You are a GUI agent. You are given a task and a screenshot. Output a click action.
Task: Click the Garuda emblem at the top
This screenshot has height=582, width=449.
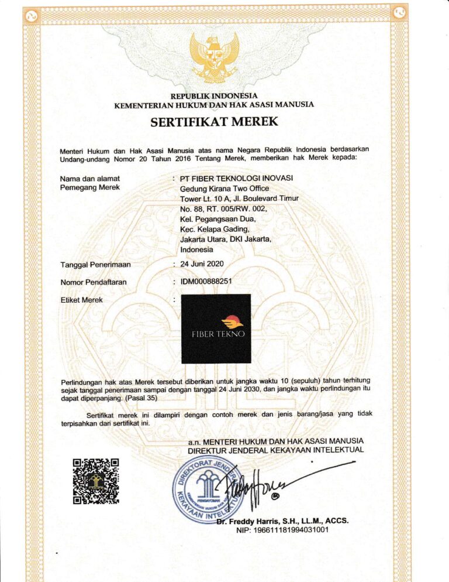coord(214,57)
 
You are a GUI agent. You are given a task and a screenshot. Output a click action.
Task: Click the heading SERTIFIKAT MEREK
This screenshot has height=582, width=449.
coord(214,122)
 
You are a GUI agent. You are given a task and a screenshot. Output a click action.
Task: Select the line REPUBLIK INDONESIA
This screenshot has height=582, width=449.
coord(214,95)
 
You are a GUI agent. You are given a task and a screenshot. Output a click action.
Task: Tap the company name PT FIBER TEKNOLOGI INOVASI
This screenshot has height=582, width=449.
coord(237,178)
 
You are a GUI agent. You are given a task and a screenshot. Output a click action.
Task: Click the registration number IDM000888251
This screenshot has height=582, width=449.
coord(206,282)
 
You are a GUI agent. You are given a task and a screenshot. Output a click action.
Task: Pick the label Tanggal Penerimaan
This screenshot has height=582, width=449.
coord(95,265)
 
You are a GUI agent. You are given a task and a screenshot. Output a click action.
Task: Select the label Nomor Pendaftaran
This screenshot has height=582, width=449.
coord(94,283)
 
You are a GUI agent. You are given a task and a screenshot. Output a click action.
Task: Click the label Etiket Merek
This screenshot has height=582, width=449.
coord(81,300)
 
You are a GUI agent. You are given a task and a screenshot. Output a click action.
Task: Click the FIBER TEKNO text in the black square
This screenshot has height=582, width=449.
coord(218,334)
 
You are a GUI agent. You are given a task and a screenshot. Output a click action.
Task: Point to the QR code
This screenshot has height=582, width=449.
coord(96,481)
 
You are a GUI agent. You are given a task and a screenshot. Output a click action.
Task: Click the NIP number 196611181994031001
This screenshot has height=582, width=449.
coord(282,530)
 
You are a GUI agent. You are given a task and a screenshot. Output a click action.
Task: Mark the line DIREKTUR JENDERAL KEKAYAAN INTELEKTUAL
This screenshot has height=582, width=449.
coord(275,450)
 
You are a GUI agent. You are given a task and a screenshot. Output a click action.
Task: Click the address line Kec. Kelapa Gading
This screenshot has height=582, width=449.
coord(215,230)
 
